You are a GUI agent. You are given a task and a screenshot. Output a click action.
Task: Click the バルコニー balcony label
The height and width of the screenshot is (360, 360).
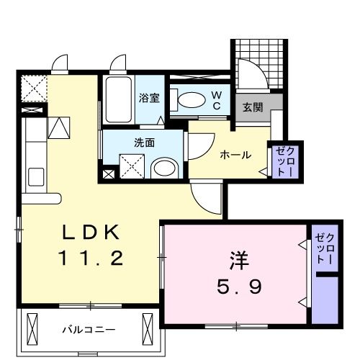click(88, 330)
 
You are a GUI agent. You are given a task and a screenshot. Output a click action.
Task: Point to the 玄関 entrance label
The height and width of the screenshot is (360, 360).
click(252, 108)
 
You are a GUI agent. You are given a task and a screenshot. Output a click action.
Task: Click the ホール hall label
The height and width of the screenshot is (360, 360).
click(235, 154)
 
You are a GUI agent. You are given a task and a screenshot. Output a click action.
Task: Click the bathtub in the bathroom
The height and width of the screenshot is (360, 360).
click(118, 101)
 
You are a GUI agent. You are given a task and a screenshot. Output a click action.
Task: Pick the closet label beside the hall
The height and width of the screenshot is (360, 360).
click(282, 162)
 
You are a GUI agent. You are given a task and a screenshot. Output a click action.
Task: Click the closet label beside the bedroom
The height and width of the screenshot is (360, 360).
click(325, 248)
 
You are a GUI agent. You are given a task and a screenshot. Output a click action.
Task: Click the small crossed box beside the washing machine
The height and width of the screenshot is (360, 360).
click(109, 174)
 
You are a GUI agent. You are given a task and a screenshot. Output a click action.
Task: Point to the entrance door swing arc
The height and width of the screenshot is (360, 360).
click(252, 76)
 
